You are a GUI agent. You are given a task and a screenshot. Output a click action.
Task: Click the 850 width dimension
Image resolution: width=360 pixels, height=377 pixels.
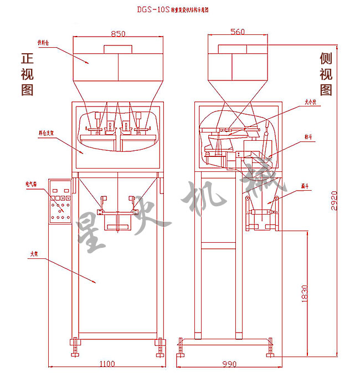118,33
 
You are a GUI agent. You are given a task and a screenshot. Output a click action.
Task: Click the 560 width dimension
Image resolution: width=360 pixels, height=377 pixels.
236,32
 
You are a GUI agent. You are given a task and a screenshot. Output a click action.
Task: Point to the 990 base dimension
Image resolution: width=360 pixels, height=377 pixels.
229,364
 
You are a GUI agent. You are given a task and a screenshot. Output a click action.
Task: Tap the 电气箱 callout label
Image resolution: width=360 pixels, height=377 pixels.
31,182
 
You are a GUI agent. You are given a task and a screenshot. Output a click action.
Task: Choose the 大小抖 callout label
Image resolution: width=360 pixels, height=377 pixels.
310,102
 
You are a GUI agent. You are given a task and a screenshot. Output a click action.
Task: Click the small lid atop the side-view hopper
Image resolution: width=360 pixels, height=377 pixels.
236,48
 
